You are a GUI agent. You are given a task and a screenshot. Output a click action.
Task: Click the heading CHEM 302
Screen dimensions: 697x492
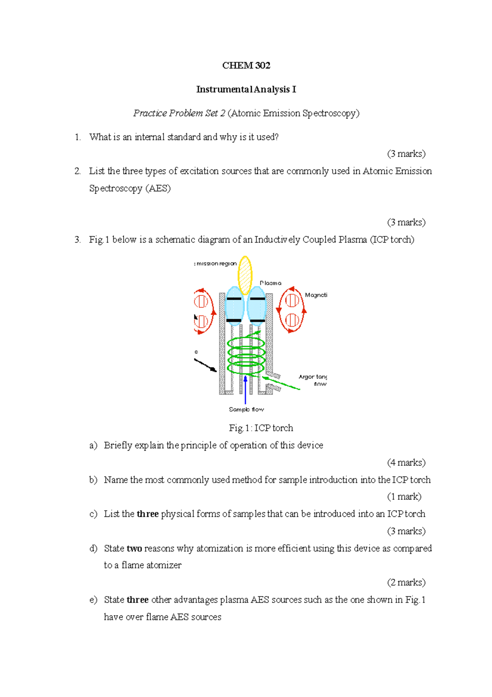click(x=246, y=66)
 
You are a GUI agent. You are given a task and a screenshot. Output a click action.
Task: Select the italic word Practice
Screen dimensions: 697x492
click(x=150, y=113)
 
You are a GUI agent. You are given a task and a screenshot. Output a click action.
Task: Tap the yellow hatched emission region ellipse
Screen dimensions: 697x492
click(x=245, y=275)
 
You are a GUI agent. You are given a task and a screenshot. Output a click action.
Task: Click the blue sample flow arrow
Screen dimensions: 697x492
click(x=245, y=390)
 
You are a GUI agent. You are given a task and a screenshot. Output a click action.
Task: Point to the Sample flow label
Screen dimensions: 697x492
click(x=246, y=409)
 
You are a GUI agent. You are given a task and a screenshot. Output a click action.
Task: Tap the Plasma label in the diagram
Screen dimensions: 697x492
click(x=271, y=283)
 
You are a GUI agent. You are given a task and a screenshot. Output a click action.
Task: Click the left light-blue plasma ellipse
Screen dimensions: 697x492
click(x=235, y=306)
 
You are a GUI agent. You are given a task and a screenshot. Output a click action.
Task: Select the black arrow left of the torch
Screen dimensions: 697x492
click(x=205, y=365)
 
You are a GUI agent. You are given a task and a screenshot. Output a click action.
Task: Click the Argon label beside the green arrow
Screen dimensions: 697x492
click(x=306, y=377)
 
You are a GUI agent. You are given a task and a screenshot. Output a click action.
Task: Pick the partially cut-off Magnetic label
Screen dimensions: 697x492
click(x=316, y=295)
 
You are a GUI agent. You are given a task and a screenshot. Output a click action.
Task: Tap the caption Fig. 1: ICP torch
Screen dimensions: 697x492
click(x=261, y=428)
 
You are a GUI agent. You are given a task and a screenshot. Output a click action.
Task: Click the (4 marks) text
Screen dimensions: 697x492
click(x=406, y=463)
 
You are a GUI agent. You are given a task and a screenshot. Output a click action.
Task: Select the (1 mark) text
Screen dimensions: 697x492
click(x=404, y=497)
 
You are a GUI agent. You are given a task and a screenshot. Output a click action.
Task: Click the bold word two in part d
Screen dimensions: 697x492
click(x=134, y=548)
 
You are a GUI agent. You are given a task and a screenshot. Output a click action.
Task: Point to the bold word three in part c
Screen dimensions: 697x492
click(x=148, y=514)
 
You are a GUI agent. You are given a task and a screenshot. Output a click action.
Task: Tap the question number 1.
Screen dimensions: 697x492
click(x=77, y=137)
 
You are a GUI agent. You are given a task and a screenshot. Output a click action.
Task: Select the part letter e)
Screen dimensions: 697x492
click(x=93, y=600)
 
